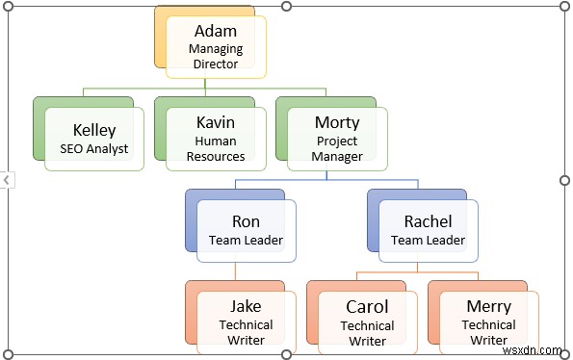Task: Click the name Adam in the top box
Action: (216, 31)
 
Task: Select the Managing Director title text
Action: (216, 56)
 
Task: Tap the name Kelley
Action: (94, 130)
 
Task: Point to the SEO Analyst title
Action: (94, 149)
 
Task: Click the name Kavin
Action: (215, 123)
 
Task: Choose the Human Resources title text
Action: (215, 148)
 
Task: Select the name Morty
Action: (337, 123)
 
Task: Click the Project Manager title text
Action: (337, 148)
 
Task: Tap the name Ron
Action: (247, 222)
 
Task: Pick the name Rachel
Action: (428, 222)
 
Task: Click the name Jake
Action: (246, 306)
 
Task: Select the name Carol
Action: (367, 306)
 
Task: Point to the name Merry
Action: (488, 306)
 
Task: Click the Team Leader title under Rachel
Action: (428, 241)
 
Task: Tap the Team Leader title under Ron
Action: (247, 241)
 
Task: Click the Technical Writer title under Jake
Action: (246, 332)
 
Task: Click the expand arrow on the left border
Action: (6, 180)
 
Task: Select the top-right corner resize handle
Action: (564, 6)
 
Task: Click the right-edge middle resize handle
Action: (564, 180)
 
